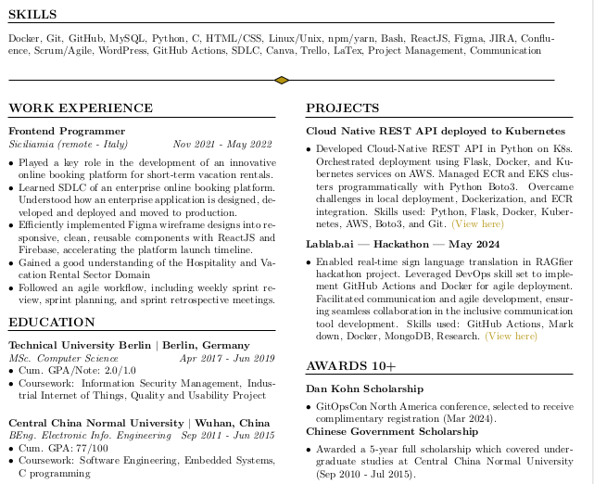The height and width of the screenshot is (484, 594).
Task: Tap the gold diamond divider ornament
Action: coord(283,80)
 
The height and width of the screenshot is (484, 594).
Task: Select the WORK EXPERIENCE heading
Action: coord(68,108)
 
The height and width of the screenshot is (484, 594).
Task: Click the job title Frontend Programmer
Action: coord(67,132)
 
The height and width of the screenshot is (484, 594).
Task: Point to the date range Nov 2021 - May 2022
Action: coord(222,145)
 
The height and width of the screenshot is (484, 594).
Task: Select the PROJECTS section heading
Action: coord(342,108)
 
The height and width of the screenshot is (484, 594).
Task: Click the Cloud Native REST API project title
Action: coord(435,132)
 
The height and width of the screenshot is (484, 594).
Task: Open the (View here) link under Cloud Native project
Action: coord(478,223)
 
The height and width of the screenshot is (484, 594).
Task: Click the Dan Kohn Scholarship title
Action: coord(364,388)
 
